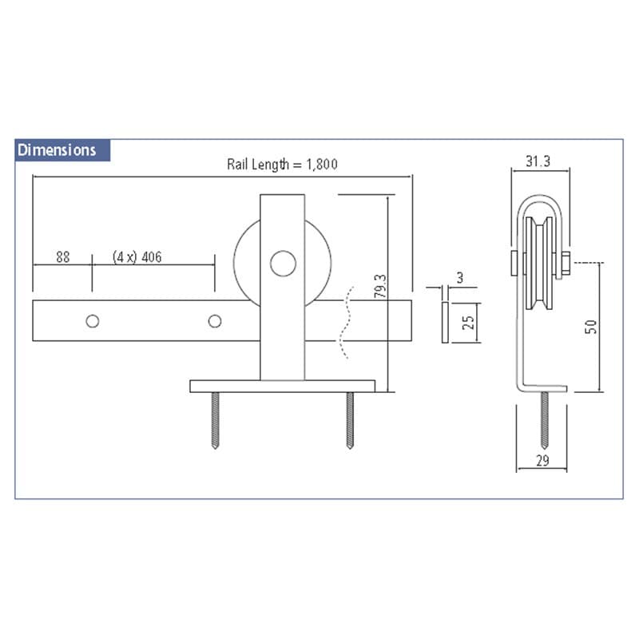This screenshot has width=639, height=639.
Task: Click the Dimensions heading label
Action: click(x=57, y=150)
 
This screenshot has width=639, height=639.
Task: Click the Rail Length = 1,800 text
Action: click(x=282, y=165)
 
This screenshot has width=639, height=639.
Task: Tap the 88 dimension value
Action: click(x=63, y=257)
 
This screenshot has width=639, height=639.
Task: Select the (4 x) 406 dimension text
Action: click(x=137, y=257)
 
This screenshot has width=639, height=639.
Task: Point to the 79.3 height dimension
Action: click(x=380, y=286)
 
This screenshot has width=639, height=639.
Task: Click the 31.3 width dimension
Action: click(x=538, y=161)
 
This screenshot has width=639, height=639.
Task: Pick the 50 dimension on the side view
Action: click(x=591, y=327)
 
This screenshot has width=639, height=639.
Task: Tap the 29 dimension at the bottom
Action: click(x=542, y=461)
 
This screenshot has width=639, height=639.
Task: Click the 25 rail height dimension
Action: click(x=468, y=323)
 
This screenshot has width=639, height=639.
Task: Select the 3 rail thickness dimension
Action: click(x=460, y=278)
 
